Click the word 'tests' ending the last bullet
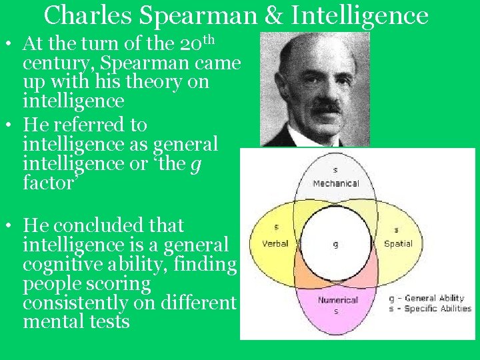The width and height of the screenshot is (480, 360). pos(110,323)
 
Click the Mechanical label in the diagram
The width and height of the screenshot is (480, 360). pos(335,183)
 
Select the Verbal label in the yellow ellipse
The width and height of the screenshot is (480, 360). pos(275,243)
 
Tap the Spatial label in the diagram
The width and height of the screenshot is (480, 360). pos(398,243)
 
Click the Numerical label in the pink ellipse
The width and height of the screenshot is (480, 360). pos(338,300)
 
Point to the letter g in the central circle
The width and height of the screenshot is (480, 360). pos(335,245)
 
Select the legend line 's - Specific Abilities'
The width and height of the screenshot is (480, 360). pos(430,309)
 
